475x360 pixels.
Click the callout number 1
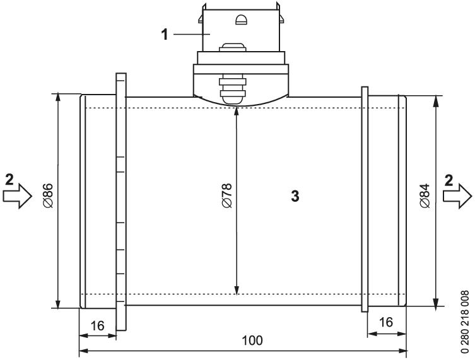[x=164, y=34]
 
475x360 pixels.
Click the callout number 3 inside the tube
[x=295, y=196]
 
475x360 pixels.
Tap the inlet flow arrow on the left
[x=18, y=196]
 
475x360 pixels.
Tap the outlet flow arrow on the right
[x=457, y=196]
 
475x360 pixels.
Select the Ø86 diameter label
[x=48, y=195]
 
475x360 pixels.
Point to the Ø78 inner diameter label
[x=227, y=195]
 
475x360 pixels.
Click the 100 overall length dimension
[x=252, y=340]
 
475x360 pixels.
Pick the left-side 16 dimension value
[x=97, y=326]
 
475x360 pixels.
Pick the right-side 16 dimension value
[x=386, y=322]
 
